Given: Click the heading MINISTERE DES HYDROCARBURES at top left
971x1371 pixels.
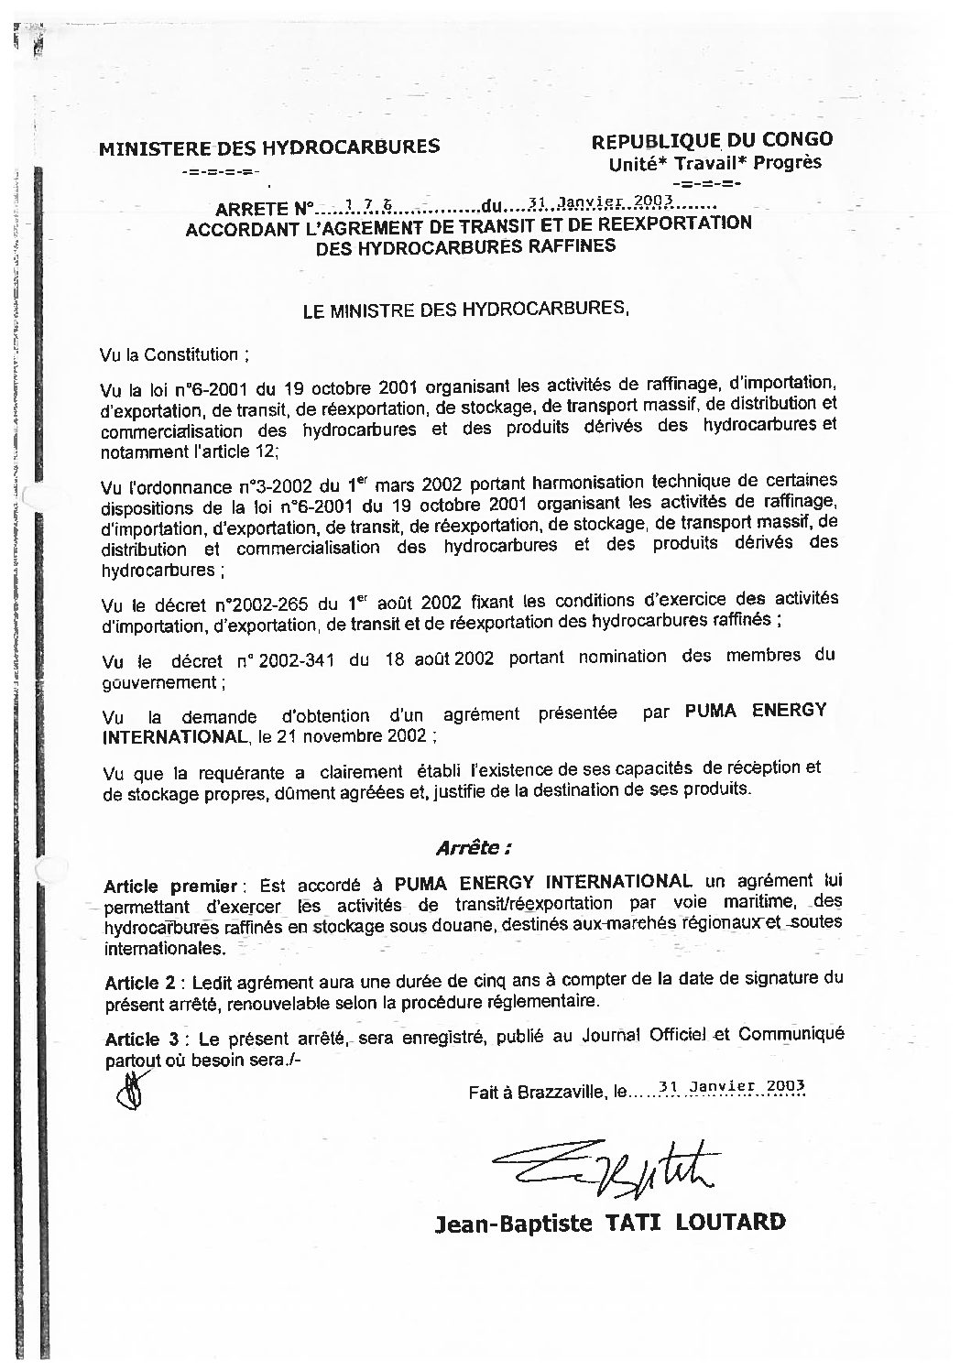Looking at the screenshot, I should pos(268,147).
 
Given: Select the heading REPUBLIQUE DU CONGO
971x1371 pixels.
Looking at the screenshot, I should pos(712,140).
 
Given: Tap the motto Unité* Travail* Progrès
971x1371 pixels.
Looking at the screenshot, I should pos(715,163).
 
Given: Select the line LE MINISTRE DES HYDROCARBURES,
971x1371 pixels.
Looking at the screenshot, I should pos(466,310).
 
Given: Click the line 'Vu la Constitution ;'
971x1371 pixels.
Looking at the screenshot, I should pos(175,353).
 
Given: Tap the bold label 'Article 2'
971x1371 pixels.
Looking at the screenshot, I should pos(140,983).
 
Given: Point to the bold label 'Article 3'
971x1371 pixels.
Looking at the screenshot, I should pos(140,1039).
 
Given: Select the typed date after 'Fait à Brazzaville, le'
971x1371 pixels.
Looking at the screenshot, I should pos(731,1087).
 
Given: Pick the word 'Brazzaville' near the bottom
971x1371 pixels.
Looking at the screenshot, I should pos(559,1092).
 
